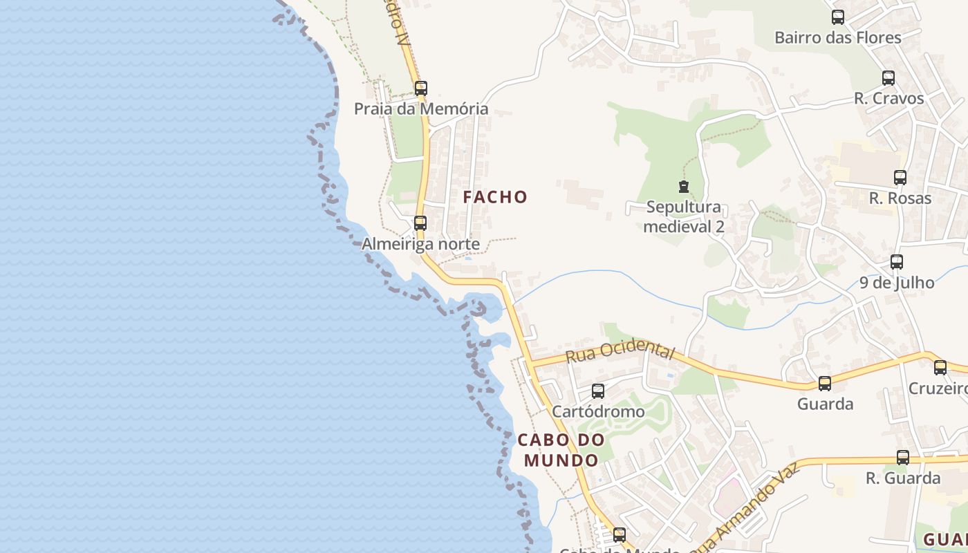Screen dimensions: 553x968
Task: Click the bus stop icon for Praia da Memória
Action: point(420,88)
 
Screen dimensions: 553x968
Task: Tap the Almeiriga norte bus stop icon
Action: point(420,223)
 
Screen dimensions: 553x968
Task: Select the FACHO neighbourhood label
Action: point(495,197)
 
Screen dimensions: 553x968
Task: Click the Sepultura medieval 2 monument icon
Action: point(684,187)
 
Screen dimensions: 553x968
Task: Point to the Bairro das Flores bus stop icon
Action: point(838,17)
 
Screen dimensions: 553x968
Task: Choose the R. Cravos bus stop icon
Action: point(888,78)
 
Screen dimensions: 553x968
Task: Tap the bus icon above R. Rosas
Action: point(900,178)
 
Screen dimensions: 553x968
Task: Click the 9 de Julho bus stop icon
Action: point(897,262)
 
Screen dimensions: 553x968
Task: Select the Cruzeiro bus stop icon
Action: point(940,368)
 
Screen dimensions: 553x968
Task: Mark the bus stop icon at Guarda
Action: point(825,384)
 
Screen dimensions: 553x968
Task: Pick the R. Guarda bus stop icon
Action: point(903,458)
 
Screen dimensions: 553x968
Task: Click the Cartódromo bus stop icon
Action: point(598,391)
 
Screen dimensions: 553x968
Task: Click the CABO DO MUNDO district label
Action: point(561,449)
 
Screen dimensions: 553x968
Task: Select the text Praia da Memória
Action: point(421,109)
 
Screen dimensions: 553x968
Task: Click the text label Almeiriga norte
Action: point(420,244)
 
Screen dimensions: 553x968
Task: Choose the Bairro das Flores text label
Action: point(838,37)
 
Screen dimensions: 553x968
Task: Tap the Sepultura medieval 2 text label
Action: point(684,216)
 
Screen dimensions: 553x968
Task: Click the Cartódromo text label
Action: point(598,411)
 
